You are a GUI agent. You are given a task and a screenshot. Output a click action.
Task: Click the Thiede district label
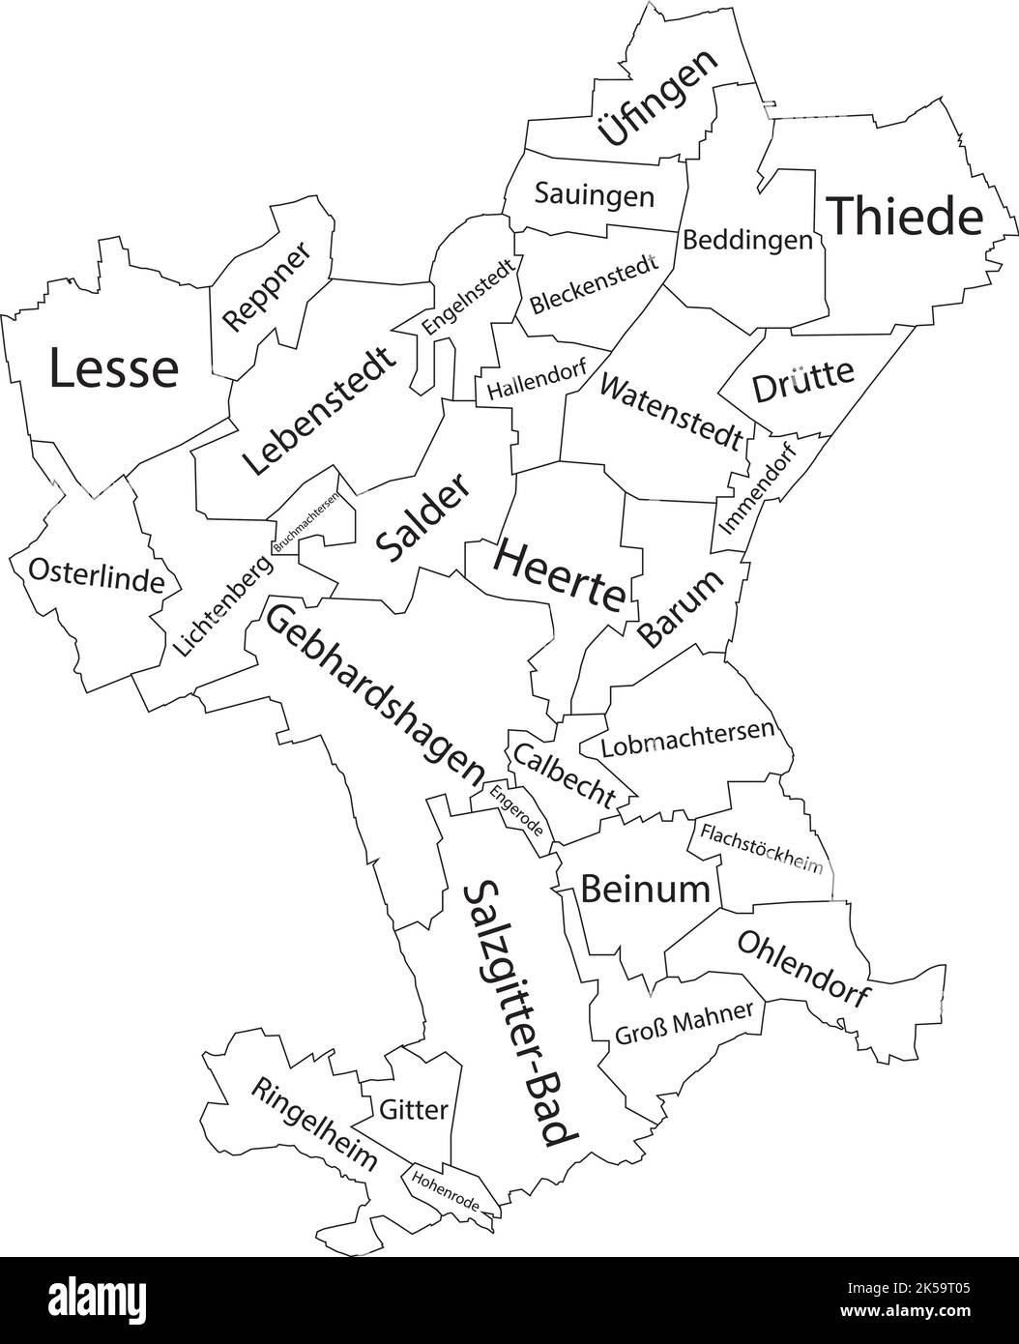[906, 217]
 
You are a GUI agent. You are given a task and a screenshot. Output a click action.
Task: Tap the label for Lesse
[114, 368]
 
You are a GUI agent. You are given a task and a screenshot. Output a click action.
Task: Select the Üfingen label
[658, 98]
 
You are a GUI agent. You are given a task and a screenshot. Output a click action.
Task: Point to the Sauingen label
[594, 195]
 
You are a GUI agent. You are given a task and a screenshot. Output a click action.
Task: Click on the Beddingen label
[747, 240]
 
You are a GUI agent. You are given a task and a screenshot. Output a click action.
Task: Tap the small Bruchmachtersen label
[306, 521]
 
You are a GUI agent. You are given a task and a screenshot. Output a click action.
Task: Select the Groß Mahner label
[683, 1024]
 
